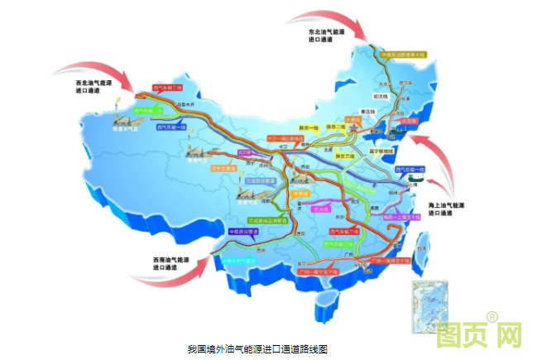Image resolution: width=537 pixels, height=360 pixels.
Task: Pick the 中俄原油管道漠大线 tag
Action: point(403,56)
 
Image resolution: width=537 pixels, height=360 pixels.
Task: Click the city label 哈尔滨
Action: point(405,84)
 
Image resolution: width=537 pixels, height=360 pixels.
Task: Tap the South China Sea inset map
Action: point(429,307)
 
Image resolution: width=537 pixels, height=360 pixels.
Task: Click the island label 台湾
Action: point(424,247)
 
